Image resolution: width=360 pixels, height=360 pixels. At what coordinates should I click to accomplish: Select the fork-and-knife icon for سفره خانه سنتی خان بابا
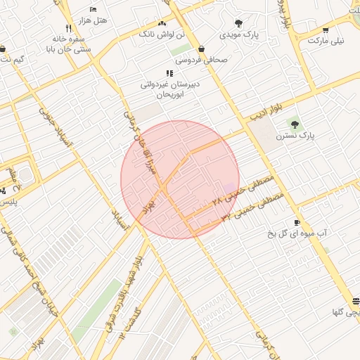tap(68, 28)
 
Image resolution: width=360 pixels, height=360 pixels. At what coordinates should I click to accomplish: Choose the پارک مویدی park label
tap(238, 34)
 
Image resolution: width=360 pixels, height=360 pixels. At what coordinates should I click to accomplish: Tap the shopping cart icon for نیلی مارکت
tap(325, 30)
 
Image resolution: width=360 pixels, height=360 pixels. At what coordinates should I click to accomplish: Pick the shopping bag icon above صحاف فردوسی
tap(202, 49)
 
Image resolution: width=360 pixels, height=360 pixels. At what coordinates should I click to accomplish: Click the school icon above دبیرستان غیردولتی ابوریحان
tap(169, 72)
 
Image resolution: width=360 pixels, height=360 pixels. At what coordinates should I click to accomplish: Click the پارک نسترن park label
tap(295, 134)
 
